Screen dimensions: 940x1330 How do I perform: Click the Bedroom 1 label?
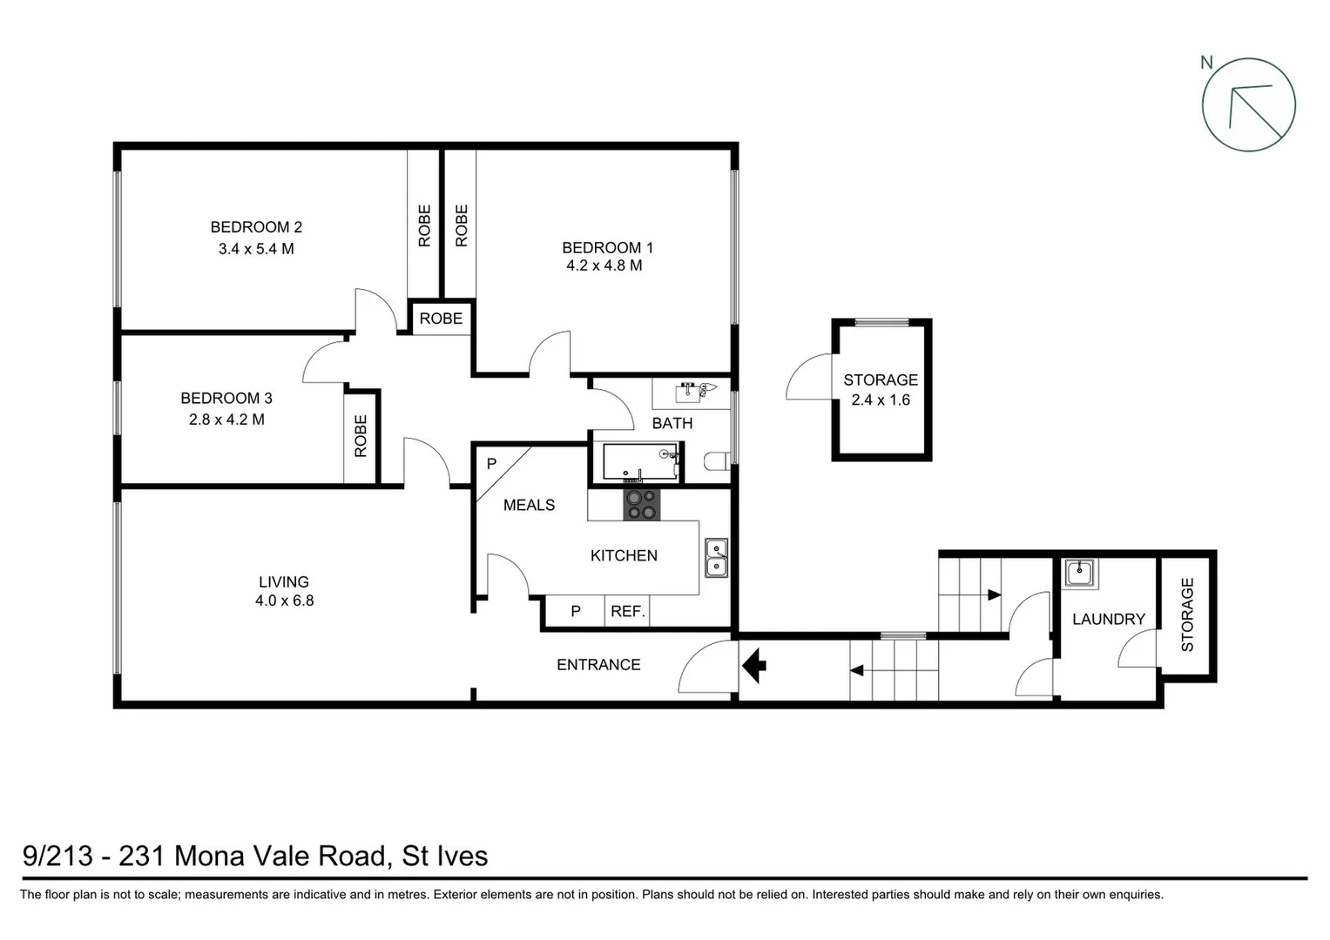pos(607,247)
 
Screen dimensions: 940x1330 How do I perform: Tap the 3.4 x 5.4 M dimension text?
pos(256,249)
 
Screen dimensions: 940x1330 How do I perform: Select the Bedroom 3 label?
pos(226,398)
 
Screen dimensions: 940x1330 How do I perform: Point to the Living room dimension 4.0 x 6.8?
pos(284,601)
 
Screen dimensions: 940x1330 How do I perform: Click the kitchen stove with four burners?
pos(642,505)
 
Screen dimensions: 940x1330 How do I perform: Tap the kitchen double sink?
pos(716,558)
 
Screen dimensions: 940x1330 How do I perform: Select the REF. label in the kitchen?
pos(627,611)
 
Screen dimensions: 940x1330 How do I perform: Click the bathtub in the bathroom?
pos(639,463)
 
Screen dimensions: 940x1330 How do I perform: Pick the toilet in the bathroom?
pos(716,461)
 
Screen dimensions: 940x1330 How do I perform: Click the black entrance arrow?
pos(753,666)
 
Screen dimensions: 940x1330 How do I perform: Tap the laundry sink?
pos(1080,574)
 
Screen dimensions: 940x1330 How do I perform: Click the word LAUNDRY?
pos(1108,619)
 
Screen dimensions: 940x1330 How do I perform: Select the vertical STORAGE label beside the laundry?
pos(1187,615)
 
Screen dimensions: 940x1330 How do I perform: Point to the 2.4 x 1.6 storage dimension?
pos(881,400)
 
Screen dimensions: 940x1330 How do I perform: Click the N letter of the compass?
pos(1206,62)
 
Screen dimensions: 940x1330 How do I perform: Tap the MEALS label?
pos(529,505)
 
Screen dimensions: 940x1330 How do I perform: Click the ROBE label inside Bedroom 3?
pos(361,436)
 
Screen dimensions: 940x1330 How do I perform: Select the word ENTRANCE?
pos(598,665)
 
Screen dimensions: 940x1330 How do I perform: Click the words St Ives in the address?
pos(444,856)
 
